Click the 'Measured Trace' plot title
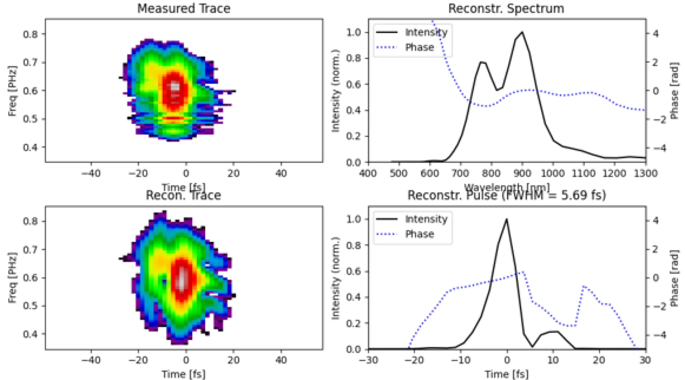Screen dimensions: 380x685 pos(183,9)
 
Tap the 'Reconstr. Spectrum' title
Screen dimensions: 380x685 pos(506,9)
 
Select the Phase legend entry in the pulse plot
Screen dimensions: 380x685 pos(419,234)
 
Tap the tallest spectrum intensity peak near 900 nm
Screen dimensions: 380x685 pos(522,33)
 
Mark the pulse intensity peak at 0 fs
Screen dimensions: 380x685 pos(507,219)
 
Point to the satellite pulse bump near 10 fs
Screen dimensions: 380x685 pos(553,332)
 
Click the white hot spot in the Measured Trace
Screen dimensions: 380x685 pos(174,86)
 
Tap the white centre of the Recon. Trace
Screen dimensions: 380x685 pos(181,282)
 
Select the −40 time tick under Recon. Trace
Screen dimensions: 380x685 pos(91,360)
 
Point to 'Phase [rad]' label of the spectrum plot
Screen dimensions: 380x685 pos(675,90)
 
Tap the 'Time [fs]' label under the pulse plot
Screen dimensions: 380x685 pos(507,374)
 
